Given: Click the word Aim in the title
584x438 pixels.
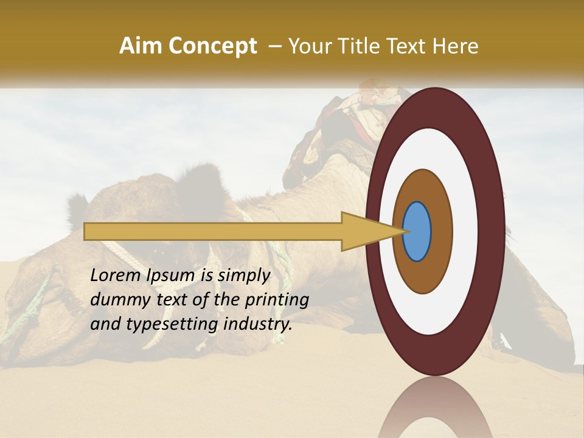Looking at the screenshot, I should coord(141,46).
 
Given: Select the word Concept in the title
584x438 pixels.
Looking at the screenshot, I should coord(212,46).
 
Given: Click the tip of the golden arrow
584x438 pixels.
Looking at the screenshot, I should coord(406,232).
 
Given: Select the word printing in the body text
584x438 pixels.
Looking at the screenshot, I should coord(279,301).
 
